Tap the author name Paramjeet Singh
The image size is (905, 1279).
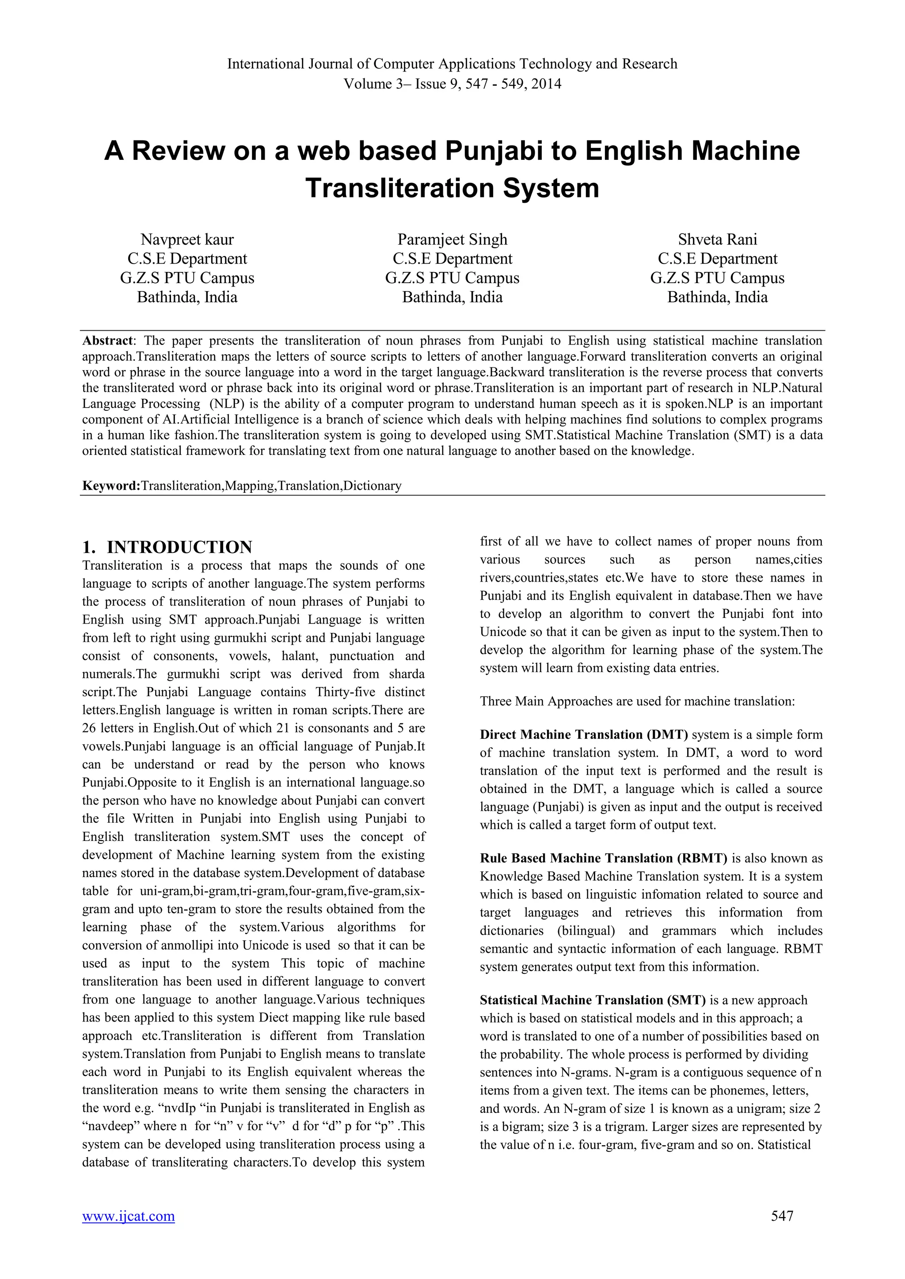pos(452,239)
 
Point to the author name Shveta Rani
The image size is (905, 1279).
pos(717,239)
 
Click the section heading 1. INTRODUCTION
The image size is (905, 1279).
pos(167,546)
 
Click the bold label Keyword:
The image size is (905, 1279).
pos(111,486)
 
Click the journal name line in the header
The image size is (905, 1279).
pos(452,64)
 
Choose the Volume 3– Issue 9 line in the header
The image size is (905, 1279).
pos(452,84)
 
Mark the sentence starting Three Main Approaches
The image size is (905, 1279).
pos(637,701)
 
